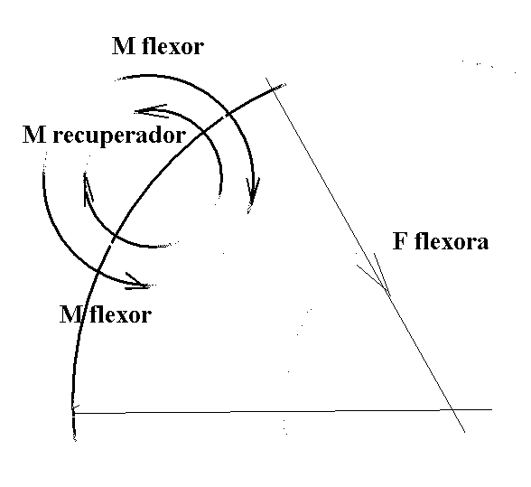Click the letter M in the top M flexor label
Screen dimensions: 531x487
pyautogui.click(x=123, y=46)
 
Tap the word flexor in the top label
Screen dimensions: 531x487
pyautogui.click(x=173, y=46)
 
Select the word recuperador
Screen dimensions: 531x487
pyautogui.click(x=119, y=136)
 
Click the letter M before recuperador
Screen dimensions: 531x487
pyautogui.click(x=34, y=135)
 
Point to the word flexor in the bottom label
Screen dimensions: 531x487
pyautogui.click(x=121, y=314)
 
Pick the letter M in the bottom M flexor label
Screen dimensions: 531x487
pyautogui.click(x=71, y=314)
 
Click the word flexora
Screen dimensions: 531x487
pyautogui.click(x=452, y=241)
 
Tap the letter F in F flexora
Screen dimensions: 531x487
pyautogui.click(x=399, y=241)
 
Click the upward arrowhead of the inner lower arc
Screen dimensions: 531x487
pyautogui.click(x=87, y=187)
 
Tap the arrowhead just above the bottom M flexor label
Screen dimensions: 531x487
pyautogui.click(x=139, y=282)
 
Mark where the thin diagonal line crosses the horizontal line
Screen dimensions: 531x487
pyautogui.click(x=452, y=410)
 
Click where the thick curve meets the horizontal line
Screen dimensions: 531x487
pyautogui.click(x=73, y=413)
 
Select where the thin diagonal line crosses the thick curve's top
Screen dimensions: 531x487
pyautogui.click(x=273, y=89)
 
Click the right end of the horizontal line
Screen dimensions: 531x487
pyautogui.click(x=491, y=409)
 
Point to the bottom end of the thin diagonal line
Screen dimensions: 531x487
pyautogui.click(x=464, y=432)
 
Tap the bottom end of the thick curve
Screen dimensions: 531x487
pyautogui.click(x=75, y=440)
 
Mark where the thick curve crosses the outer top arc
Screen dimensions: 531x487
pyautogui.click(x=228, y=115)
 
